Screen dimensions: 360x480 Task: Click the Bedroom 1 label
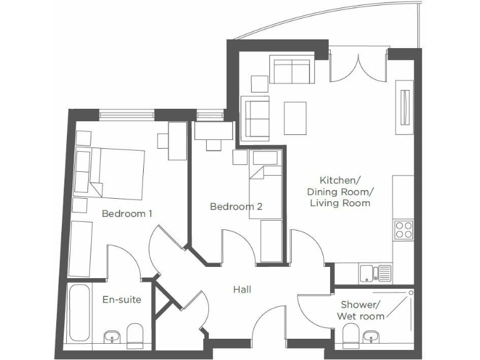127,214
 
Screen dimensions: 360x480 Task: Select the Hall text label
242,289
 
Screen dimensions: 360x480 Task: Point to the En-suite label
122,300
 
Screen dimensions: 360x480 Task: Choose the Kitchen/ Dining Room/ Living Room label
346,190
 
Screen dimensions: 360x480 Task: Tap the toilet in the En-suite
134,336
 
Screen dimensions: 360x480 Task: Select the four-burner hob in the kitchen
403,230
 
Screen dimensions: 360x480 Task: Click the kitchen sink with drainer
375,272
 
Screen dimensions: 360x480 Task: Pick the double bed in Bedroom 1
114,172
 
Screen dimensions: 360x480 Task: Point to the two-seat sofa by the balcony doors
291,70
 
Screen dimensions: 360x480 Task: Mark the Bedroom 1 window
127,114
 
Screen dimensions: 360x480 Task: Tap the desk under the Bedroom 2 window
214,131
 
